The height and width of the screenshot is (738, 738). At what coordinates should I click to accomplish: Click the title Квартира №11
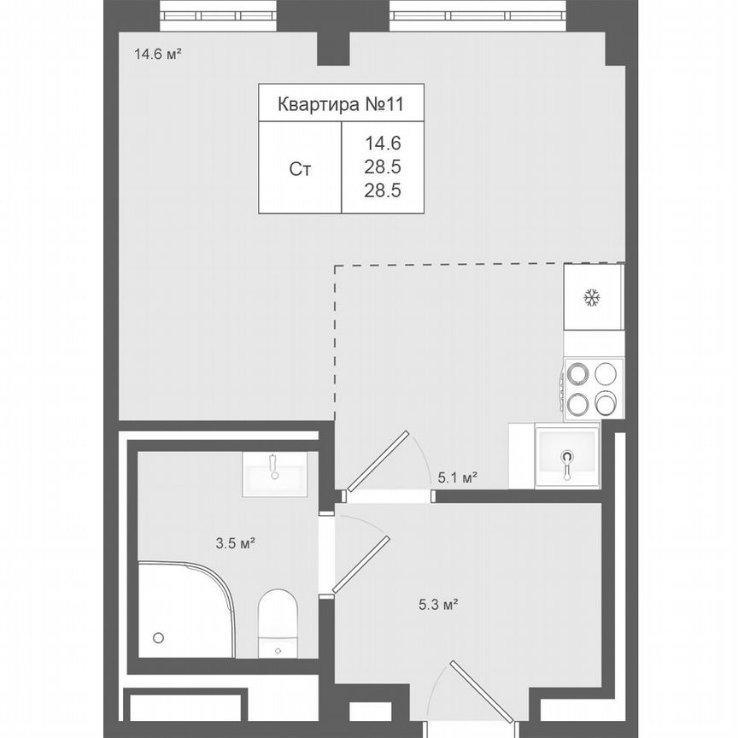pos(340,104)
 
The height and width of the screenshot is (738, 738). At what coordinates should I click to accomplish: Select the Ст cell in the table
pos(300,169)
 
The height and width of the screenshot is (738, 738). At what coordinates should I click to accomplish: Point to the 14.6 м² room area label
pos(156,55)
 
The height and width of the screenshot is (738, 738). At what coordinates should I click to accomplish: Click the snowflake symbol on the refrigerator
pos(592,297)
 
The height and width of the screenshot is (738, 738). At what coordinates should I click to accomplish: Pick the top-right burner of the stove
pos(606,374)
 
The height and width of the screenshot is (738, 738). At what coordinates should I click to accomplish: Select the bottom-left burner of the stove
pos(578,402)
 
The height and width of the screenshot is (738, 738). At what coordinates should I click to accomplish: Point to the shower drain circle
pos(158,637)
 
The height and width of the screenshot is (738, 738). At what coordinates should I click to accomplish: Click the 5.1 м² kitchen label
pos(457,478)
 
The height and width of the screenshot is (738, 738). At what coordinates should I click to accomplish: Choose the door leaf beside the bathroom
pos(360,565)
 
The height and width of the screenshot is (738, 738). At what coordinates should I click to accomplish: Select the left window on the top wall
pos(218,15)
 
